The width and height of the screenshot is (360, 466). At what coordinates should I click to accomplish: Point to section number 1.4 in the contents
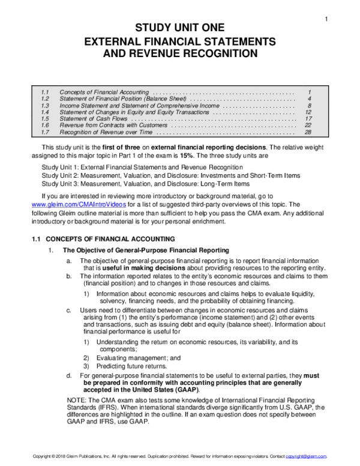coord(44,112)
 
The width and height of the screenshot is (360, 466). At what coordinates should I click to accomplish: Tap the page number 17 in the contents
coord(308,119)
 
